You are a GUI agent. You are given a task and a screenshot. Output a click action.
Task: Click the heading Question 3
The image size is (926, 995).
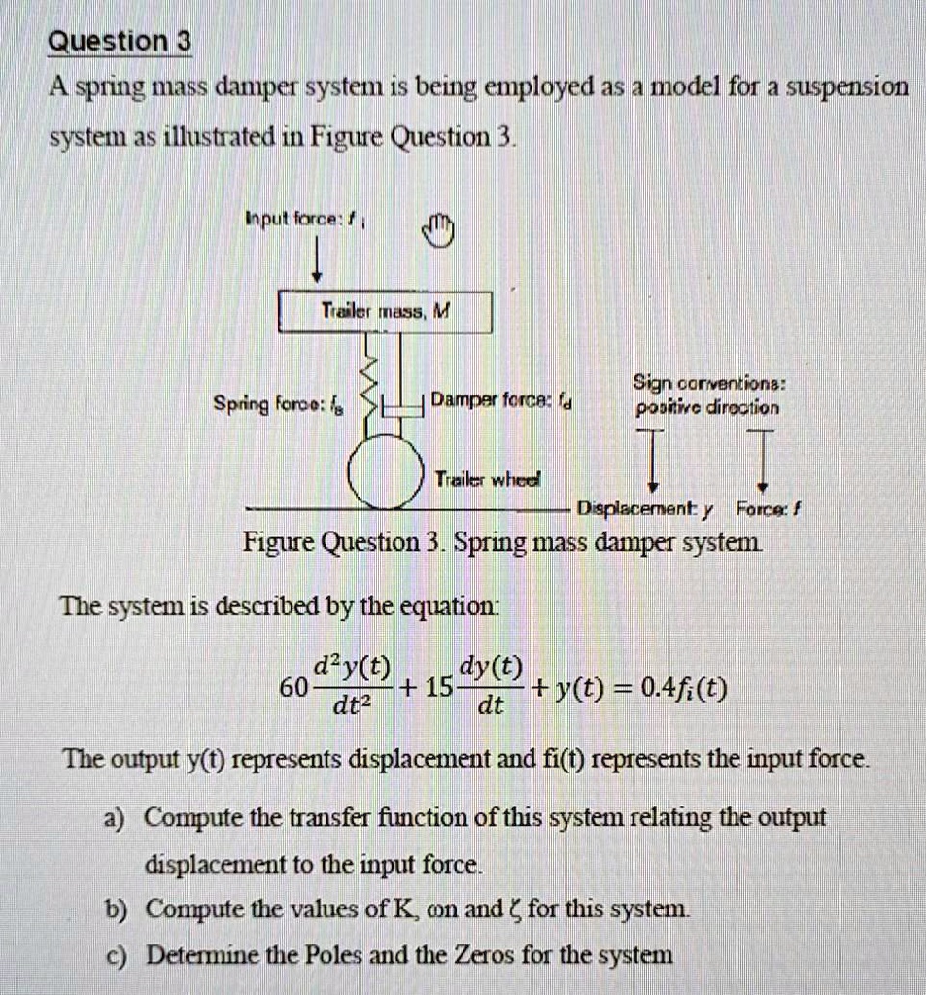[x=120, y=43]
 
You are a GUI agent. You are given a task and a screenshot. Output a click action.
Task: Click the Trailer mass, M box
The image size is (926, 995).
[x=386, y=312]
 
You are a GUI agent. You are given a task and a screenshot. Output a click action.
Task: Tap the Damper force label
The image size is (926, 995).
[x=501, y=398]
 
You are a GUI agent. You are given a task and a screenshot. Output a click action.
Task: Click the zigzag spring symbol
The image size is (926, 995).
[x=365, y=384]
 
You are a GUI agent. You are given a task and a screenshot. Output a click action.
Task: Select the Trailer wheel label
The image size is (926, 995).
[x=487, y=478]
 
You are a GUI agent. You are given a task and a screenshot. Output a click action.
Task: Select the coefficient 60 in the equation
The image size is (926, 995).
[x=292, y=688]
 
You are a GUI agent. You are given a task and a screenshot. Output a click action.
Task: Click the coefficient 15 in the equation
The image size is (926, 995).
[x=439, y=688]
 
